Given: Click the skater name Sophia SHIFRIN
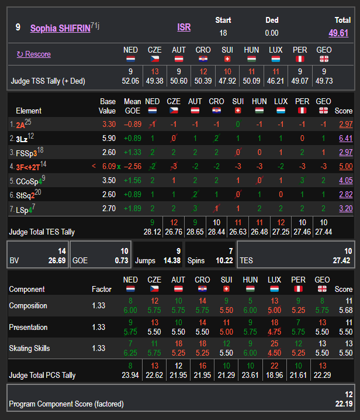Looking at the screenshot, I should point(60,27).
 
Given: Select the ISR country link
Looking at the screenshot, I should point(184,27).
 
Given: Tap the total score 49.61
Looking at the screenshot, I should point(338,33).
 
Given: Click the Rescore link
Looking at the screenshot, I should point(34,54).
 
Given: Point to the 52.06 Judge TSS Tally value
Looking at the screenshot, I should point(130,81).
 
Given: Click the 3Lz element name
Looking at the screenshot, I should point(22,139).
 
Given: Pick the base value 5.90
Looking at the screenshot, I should point(109,139).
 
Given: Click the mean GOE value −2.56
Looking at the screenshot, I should point(132,166).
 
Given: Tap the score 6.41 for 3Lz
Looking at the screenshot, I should point(345,139).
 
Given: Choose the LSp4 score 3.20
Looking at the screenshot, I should point(345,208).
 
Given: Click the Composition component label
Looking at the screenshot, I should point(28,305).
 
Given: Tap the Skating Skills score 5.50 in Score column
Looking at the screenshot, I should point(344,352).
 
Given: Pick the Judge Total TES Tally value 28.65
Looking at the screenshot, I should point(178,232).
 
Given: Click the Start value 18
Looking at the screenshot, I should point(223,33).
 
